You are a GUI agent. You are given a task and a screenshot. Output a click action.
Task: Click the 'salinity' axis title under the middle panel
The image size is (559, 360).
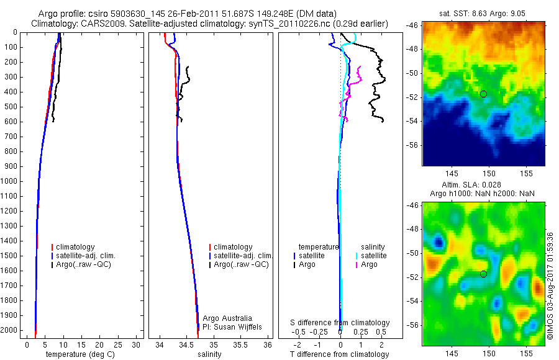tap(210, 354)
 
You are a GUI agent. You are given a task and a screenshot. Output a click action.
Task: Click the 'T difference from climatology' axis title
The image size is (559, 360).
tap(339, 354)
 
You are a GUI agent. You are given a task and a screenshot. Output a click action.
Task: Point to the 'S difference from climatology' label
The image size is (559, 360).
tap(340, 323)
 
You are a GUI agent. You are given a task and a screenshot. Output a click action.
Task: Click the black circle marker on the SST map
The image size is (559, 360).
tap(483, 94)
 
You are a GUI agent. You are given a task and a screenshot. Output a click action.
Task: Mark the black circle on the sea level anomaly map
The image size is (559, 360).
tap(483, 274)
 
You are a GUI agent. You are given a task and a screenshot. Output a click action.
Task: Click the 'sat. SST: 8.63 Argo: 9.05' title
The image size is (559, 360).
tap(484, 14)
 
